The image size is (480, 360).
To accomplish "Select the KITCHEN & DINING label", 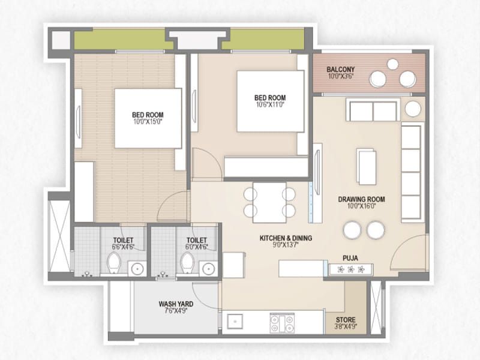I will tap(286, 238).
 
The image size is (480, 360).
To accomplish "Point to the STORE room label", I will tap(346, 320).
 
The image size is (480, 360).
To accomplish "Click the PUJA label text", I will tap(350, 257).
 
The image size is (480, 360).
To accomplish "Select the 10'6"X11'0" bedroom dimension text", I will tap(270, 105).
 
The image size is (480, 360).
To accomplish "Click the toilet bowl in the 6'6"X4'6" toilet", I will tap(113, 262).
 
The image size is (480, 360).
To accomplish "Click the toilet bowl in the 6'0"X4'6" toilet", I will tap(187, 262).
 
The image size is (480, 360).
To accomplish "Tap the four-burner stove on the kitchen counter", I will tap(282, 323).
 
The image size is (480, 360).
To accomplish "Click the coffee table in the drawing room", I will tap(366, 166).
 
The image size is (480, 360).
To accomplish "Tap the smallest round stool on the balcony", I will tap(392, 64).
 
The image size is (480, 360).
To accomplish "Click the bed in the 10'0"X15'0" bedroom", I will tap(148, 118).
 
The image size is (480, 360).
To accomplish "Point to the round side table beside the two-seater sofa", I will tap(413, 109).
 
